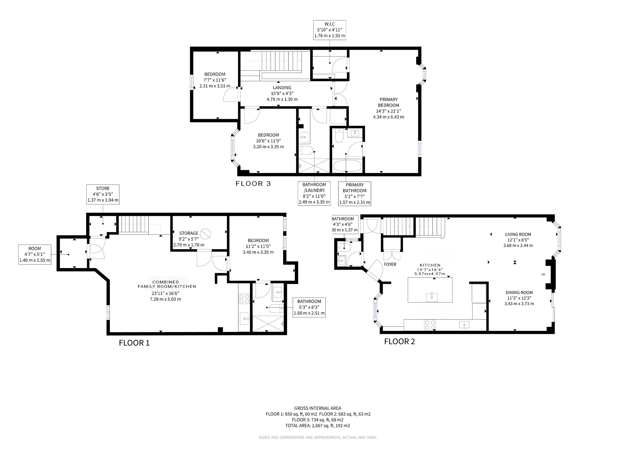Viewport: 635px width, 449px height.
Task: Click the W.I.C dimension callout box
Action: (x=329, y=30)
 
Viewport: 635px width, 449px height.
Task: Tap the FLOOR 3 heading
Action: (x=253, y=184)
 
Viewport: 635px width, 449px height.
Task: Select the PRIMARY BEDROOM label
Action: (x=388, y=102)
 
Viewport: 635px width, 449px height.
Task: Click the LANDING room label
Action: (x=282, y=88)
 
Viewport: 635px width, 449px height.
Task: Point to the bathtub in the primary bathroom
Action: (x=347, y=166)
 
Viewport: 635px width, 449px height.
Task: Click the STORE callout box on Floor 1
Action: (x=103, y=194)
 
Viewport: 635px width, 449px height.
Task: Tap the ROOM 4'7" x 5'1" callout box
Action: (x=35, y=254)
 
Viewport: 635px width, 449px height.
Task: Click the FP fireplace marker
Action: (x=543, y=274)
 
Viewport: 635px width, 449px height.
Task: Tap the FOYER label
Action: (x=390, y=264)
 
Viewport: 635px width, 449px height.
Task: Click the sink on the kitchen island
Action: (x=432, y=297)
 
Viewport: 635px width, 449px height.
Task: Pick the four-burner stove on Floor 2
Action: (x=430, y=325)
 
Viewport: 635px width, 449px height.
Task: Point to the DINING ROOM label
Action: (x=519, y=292)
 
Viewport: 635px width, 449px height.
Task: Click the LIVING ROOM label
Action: (x=518, y=234)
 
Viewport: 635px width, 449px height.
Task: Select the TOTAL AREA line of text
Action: (x=317, y=426)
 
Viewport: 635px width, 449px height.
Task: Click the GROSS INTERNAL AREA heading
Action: (x=317, y=408)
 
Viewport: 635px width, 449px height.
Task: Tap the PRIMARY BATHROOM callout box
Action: (x=355, y=194)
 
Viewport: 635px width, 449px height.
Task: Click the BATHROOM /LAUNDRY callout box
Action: (x=314, y=193)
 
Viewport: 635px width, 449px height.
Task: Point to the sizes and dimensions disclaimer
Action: (x=317, y=437)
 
